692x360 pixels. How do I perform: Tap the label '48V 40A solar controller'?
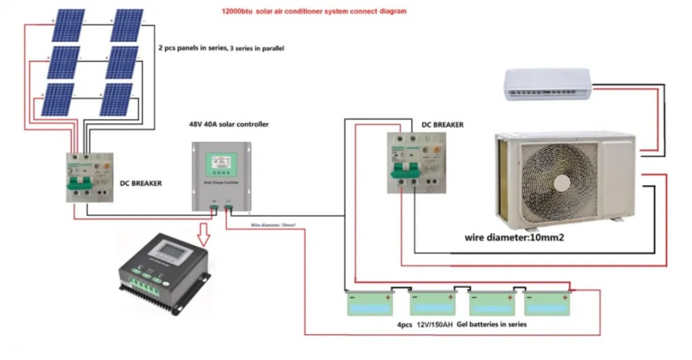pos(228,125)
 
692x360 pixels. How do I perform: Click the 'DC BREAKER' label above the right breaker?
pos(443,125)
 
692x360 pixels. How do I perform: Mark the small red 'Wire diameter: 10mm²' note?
pos(273,224)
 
